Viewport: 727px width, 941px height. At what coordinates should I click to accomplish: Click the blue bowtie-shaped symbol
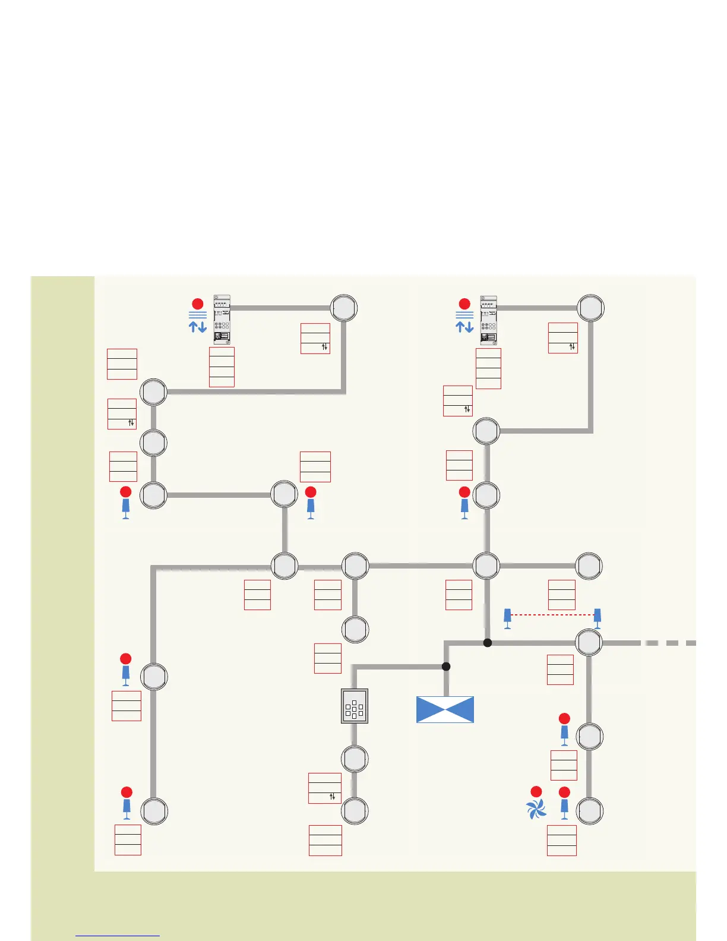(x=445, y=709)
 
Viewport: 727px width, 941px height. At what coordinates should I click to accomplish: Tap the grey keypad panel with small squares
(x=355, y=706)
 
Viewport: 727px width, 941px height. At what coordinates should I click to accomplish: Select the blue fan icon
(x=536, y=809)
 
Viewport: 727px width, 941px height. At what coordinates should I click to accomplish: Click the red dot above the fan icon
(x=536, y=792)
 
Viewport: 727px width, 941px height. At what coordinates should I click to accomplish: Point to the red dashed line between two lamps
(x=552, y=615)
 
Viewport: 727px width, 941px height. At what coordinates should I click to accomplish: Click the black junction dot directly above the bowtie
(x=446, y=667)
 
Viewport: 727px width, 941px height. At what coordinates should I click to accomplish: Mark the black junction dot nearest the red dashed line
(x=488, y=643)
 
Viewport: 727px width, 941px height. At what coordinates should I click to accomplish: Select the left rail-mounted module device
(x=222, y=320)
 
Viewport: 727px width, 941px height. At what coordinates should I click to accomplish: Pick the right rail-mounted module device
(x=488, y=320)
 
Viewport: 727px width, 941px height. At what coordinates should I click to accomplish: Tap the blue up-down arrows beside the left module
(x=198, y=326)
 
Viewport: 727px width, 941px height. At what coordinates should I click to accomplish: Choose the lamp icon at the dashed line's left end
(x=507, y=618)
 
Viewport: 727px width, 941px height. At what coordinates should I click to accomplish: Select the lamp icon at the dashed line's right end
(x=598, y=618)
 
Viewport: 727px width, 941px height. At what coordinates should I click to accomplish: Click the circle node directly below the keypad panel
(x=355, y=759)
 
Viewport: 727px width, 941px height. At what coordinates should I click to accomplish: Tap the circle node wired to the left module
(x=344, y=308)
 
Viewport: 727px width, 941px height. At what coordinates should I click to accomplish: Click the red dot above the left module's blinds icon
(x=198, y=304)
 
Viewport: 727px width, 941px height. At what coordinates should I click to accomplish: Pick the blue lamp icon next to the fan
(x=564, y=809)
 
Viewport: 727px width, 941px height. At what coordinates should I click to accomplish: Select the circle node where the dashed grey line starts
(x=589, y=643)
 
